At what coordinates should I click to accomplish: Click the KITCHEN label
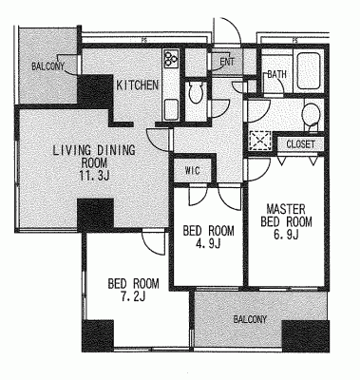coord(138,85)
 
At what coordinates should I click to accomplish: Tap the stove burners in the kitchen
coord(171,58)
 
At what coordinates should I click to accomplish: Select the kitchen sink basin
coord(171,109)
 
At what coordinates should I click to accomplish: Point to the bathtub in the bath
coord(308,70)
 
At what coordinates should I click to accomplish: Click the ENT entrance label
coord(227,62)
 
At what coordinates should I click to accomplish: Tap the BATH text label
coord(276,74)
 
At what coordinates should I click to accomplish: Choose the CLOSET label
coord(300,144)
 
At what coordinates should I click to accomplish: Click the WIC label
coord(193,171)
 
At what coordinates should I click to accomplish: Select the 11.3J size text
coord(95,175)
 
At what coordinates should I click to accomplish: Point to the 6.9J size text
coord(286,234)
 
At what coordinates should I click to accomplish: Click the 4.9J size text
coord(208,243)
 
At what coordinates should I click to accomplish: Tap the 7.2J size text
coord(133,296)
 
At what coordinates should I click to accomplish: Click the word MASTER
coord(286,209)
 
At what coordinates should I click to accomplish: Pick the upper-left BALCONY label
coord(47,66)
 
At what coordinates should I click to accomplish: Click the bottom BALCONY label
coord(250,319)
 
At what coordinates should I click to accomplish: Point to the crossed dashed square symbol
coord(260,141)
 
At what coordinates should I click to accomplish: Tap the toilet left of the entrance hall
coord(196,92)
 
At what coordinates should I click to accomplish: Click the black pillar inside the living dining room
coord(95,216)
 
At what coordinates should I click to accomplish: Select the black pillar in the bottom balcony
coord(306,336)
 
